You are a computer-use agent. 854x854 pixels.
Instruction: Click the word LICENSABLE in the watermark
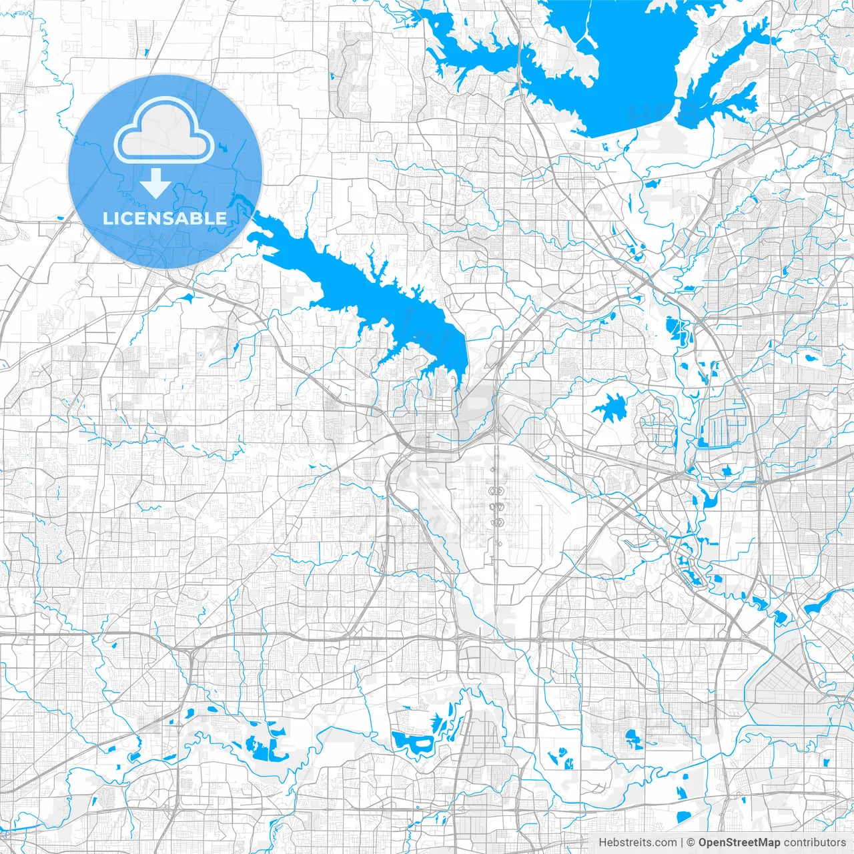coord(164,218)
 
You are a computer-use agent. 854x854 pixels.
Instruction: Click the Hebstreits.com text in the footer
coord(637,843)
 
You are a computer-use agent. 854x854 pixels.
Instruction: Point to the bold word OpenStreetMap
coord(739,843)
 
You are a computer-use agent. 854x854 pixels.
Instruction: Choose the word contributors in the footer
coord(815,843)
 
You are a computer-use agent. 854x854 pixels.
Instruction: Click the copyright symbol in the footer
coord(691,843)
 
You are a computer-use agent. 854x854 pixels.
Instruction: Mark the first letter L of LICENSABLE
coord(106,218)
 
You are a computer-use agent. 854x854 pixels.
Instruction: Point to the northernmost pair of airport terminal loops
coord(496,492)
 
